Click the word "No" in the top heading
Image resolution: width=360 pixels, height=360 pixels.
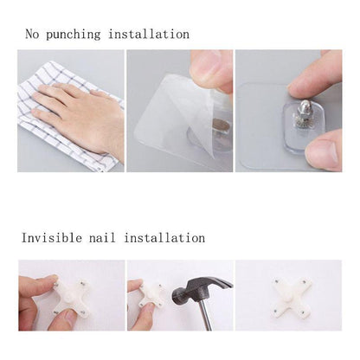(x=32, y=35)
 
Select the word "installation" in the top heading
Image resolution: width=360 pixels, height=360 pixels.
(x=148, y=35)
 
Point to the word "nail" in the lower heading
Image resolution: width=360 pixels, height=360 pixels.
(x=110, y=237)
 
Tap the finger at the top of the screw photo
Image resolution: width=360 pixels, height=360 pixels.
(x=316, y=74)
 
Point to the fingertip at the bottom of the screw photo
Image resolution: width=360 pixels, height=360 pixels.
(x=325, y=154)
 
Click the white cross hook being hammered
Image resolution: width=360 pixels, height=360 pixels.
(x=156, y=299)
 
